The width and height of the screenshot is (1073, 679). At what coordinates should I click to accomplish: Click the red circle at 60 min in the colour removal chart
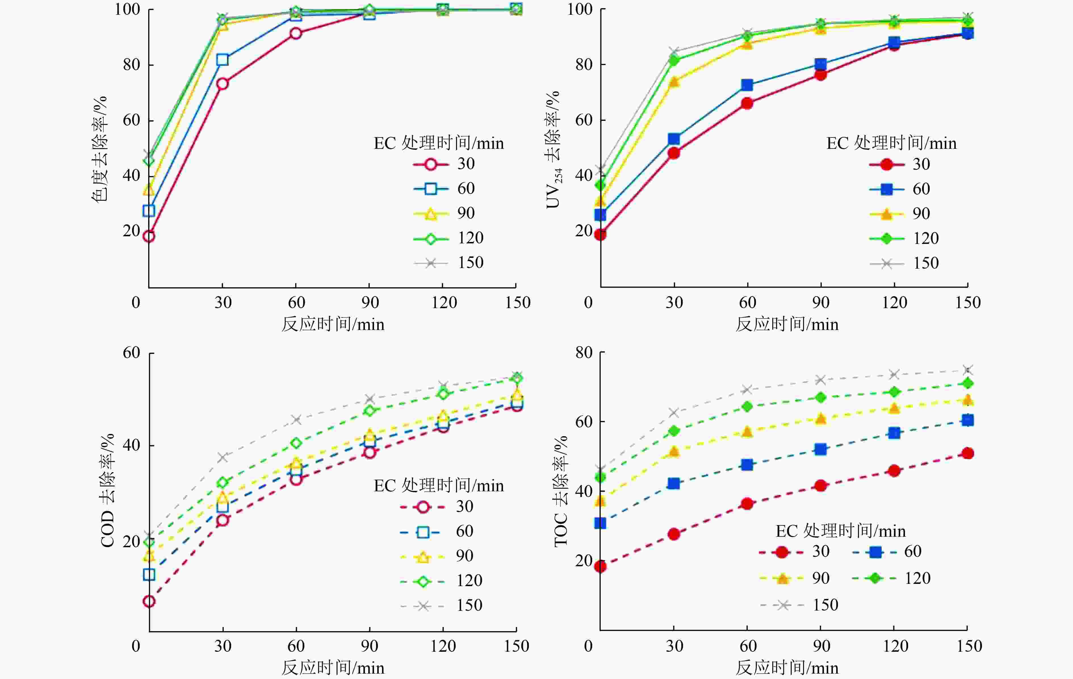pyautogui.click(x=296, y=34)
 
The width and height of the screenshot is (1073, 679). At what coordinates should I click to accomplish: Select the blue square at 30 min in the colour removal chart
pyautogui.click(x=222, y=60)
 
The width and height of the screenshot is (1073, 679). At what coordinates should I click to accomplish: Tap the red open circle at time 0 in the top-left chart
pyautogui.click(x=149, y=236)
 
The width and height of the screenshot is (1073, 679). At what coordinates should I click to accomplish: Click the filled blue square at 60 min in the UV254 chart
pyautogui.click(x=747, y=85)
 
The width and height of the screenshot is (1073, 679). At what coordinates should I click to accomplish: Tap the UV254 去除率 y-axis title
pyautogui.click(x=554, y=150)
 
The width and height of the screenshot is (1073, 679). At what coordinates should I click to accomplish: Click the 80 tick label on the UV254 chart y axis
pyautogui.click(x=584, y=65)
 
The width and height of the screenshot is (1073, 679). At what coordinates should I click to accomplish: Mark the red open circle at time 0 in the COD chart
pyautogui.click(x=149, y=601)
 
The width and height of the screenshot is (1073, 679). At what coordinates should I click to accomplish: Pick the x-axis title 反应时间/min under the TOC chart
pyautogui.click(x=787, y=668)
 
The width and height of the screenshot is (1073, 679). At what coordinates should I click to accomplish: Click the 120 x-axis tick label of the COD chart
pyautogui.click(x=443, y=646)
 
